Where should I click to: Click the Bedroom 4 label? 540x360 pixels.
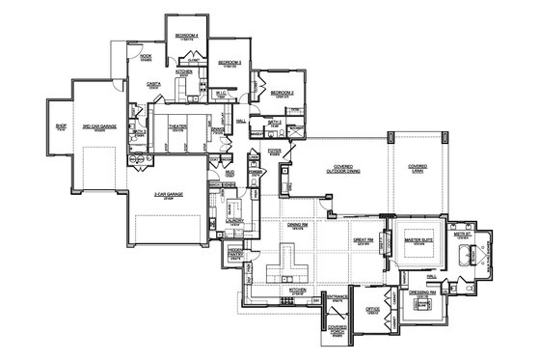[x=186, y=36]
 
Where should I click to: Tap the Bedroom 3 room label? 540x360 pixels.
[x=230, y=64]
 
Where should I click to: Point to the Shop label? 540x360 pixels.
[x=60, y=125]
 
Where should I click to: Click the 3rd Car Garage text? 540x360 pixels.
[x=101, y=126]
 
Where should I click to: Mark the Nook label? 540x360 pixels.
[x=146, y=56]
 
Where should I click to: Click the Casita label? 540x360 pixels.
[x=152, y=84]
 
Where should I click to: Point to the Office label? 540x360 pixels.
[x=371, y=310]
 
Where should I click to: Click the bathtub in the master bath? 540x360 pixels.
[x=470, y=255]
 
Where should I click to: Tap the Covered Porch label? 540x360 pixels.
[x=337, y=329]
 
